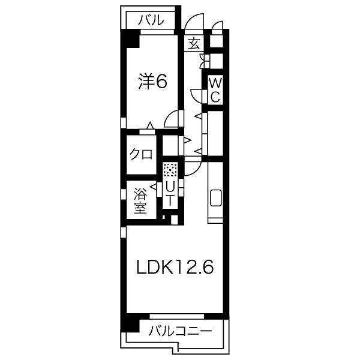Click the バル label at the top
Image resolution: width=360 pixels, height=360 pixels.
[151, 20]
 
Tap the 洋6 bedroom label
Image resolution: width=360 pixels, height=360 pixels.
[152, 81]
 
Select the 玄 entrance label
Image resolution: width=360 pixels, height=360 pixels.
[194, 44]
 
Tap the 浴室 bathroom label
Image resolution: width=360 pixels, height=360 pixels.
[140, 201]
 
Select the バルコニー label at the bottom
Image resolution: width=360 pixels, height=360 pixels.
[179, 330]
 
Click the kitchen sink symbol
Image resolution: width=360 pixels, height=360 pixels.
[215, 198]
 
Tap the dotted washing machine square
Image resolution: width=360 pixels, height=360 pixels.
[170, 170]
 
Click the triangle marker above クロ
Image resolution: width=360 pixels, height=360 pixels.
[150, 125]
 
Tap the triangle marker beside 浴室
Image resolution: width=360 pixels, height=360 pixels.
[153, 188]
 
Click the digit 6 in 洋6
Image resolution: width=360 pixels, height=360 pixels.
[160, 81]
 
